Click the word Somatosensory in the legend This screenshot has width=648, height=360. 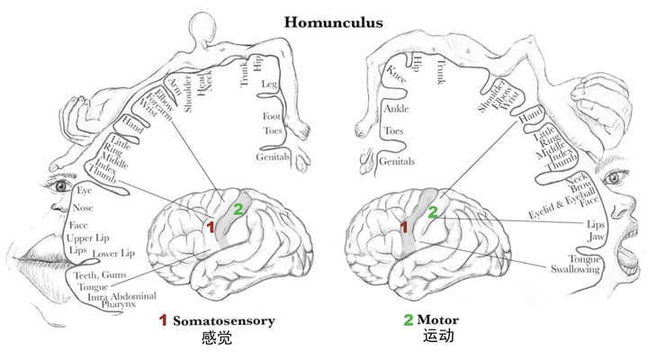pyautogui.click(x=223, y=320)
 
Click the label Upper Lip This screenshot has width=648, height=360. pyautogui.click(x=87, y=238)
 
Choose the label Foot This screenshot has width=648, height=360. pyautogui.click(x=272, y=117)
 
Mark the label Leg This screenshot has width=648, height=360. pyautogui.click(x=269, y=85)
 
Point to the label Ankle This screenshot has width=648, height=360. pyautogui.click(x=396, y=109)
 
